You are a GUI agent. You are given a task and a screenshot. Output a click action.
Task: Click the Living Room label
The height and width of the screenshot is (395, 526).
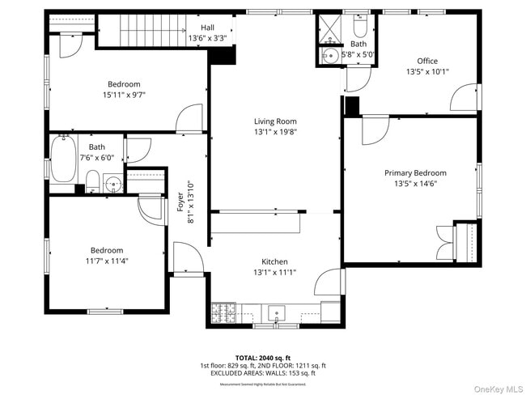[274, 121]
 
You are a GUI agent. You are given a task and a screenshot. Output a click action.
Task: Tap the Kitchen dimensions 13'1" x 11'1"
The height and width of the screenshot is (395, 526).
[274, 272]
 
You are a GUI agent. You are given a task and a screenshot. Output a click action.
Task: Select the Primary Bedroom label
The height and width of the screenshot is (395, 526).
[414, 172]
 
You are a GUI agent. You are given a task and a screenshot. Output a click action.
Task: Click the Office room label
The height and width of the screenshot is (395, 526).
[426, 61]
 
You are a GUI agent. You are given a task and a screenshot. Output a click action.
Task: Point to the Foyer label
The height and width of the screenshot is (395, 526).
[180, 201]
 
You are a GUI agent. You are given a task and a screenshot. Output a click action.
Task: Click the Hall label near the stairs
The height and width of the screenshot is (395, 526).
[208, 28]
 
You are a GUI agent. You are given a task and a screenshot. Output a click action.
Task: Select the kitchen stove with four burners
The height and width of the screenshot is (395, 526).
[223, 311]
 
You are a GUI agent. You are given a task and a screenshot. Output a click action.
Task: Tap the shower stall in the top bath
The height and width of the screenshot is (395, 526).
[329, 27]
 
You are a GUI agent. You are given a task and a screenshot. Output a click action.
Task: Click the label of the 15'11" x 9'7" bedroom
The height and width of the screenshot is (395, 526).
[124, 84]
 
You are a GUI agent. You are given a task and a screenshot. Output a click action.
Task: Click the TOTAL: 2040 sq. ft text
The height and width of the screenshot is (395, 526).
[263, 357]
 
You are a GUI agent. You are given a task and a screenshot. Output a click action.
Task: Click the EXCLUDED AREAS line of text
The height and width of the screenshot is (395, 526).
[263, 373]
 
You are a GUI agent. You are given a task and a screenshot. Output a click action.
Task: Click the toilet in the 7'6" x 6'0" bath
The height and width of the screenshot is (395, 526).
[93, 180]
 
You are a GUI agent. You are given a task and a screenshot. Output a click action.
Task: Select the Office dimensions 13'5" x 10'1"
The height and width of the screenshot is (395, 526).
[426, 71]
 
